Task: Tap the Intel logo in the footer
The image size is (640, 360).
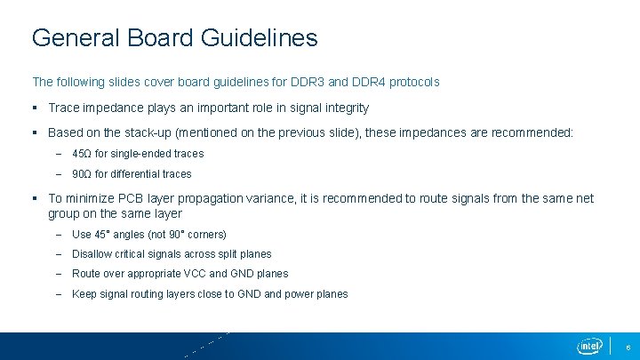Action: tap(589, 346)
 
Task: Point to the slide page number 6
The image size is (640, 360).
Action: tap(628, 347)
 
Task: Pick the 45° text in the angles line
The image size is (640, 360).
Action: tap(101, 235)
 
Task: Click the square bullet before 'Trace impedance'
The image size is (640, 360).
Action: tap(36, 108)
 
